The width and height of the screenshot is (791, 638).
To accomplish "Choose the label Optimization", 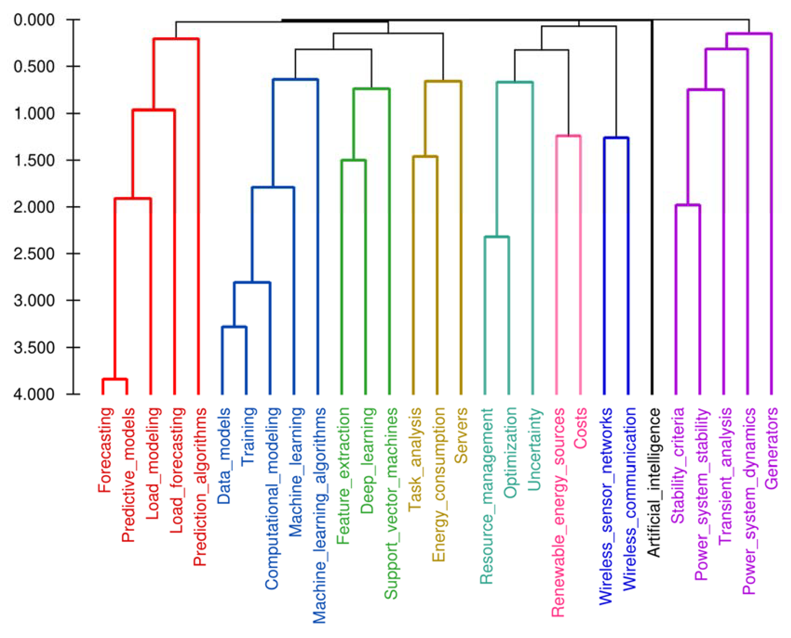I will tap(510, 452).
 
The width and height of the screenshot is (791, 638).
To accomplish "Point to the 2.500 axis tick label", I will tap(34, 254).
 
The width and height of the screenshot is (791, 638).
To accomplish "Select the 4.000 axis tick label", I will tap(34, 394).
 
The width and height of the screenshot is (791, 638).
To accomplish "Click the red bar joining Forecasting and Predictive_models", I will tap(115, 379).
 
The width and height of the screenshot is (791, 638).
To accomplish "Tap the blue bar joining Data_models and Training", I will tap(234, 326).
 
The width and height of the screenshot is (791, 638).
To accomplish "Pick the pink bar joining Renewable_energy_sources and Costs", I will tap(568, 136).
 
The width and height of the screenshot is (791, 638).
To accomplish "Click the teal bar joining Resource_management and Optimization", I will tap(497, 237).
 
